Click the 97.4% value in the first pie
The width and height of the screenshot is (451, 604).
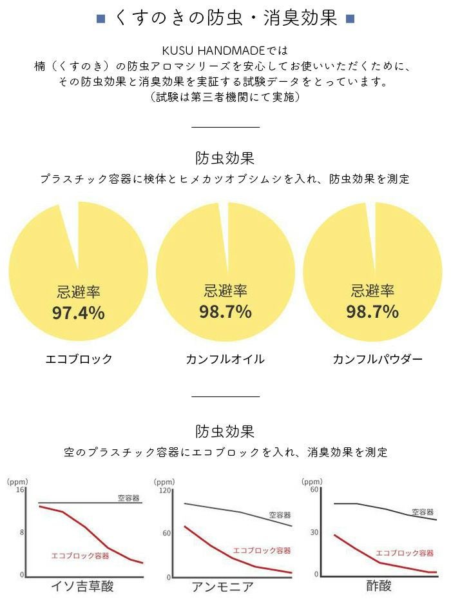[78, 313]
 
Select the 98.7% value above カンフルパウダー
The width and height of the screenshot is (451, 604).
[372, 312]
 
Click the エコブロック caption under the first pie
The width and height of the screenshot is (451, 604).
[79, 359]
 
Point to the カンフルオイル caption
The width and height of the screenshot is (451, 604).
[225, 359]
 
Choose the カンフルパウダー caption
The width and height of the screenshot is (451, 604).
[378, 359]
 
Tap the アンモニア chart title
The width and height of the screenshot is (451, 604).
[222, 587]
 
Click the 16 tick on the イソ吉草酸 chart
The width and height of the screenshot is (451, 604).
[21, 490]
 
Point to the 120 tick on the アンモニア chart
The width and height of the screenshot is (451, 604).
[166, 491]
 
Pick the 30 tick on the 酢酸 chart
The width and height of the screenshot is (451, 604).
[314, 532]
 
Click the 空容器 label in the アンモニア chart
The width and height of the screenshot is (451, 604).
[280, 515]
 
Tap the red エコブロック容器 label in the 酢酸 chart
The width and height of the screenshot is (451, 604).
[404, 553]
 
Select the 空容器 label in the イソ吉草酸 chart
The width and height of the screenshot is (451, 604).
[129, 498]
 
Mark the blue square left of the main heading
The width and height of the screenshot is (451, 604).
[101, 18]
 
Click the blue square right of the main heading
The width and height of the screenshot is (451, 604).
[350, 18]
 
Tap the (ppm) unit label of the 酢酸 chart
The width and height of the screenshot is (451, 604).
[312, 481]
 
